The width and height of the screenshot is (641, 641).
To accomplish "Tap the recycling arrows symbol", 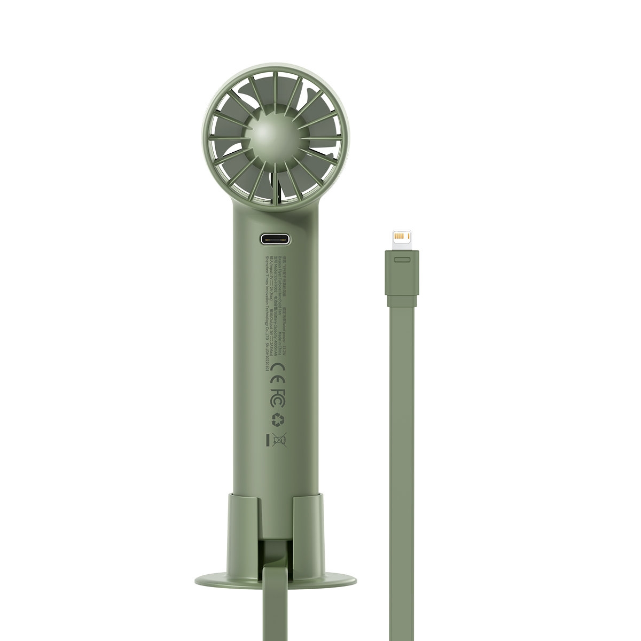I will pos(277,421).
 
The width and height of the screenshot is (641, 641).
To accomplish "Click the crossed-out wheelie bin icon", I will pos(279,440).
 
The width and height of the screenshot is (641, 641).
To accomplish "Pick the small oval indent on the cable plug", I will pos(401,260).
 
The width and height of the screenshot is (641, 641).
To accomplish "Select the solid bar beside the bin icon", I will pos(268,440).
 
